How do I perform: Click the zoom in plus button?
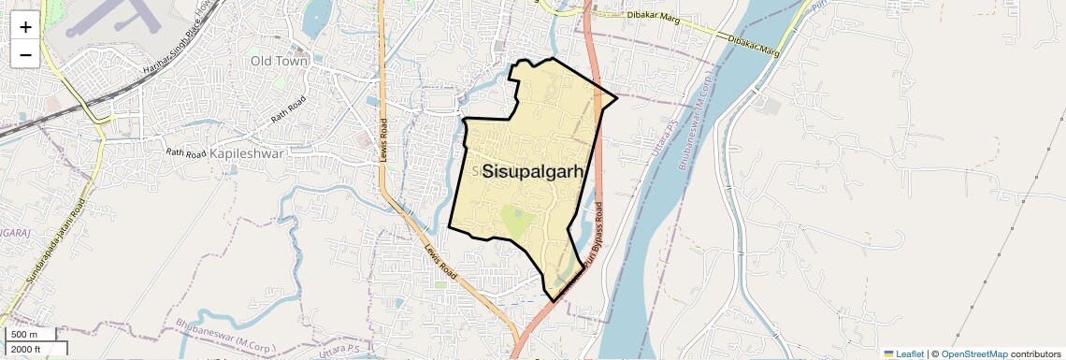[25, 26]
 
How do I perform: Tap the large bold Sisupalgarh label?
[533, 172]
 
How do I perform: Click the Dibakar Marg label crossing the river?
[754, 42]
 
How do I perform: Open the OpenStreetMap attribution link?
[973, 353]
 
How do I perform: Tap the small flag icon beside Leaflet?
[888, 353]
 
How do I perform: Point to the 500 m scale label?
[25, 335]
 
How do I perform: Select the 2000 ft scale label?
[27, 350]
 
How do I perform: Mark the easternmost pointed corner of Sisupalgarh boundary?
[616, 96]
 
